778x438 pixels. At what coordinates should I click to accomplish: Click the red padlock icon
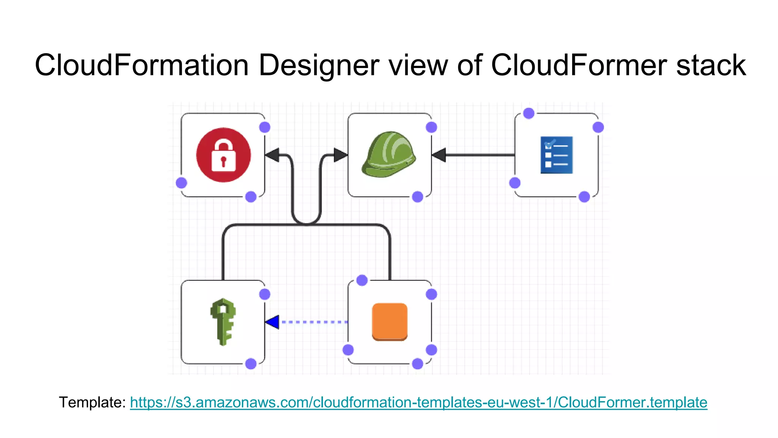[x=223, y=155]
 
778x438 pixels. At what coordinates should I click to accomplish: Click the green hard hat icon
[x=389, y=155]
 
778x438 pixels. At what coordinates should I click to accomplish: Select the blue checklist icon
[x=556, y=155]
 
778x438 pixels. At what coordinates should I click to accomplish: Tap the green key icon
[x=223, y=322]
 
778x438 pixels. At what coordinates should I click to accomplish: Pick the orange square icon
[x=389, y=322]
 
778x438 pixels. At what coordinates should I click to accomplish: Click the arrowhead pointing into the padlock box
[x=272, y=155]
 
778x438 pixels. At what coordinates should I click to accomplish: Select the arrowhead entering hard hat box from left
[x=340, y=155]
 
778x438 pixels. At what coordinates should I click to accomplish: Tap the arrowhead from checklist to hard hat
[x=439, y=155]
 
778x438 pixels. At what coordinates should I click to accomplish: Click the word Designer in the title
[x=319, y=65]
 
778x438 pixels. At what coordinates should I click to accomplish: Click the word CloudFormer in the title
[x=579, y=65]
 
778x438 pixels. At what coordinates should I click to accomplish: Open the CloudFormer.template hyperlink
[x=418, y=402]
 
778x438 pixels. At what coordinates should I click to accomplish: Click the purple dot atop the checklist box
[x=529, y=113]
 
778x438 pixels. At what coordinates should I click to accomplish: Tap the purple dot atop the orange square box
[x=362, y=280]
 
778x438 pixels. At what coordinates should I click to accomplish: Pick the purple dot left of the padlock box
[x=182, y=183]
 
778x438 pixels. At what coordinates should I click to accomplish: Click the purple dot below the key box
[x=251, y=364]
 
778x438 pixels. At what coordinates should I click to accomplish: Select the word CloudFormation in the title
[x=141, y=65]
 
